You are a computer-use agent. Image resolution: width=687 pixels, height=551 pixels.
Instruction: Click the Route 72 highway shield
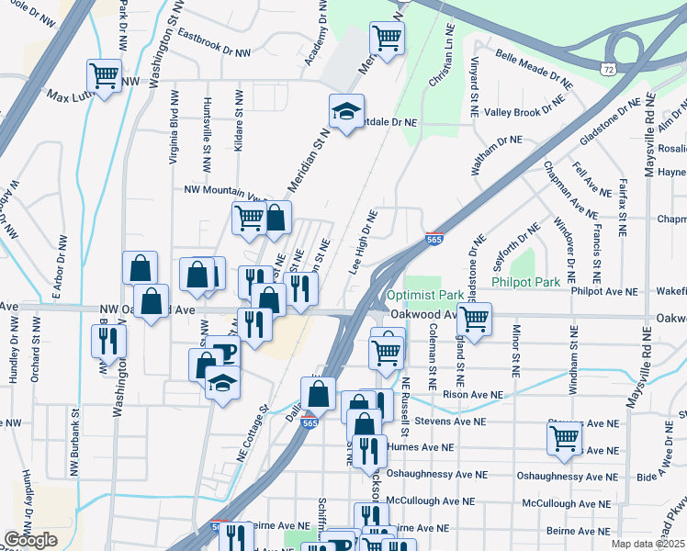[609, 69]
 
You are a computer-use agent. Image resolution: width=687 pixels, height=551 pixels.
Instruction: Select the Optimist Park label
[424, 296]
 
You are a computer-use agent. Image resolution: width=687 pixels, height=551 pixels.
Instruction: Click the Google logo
[30, 540]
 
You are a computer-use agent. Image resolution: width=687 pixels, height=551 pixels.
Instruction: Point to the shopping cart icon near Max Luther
[104, 75]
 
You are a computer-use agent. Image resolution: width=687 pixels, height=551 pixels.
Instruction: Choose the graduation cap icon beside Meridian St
[346, 114]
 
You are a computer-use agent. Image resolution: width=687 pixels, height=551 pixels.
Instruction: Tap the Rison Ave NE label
[473, 395]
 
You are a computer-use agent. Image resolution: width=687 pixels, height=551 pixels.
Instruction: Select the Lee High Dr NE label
[364, 242]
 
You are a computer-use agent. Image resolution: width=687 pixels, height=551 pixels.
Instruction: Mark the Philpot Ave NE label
[603, 291]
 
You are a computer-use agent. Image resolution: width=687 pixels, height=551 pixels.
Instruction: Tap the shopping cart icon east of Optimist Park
[474, 320]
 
